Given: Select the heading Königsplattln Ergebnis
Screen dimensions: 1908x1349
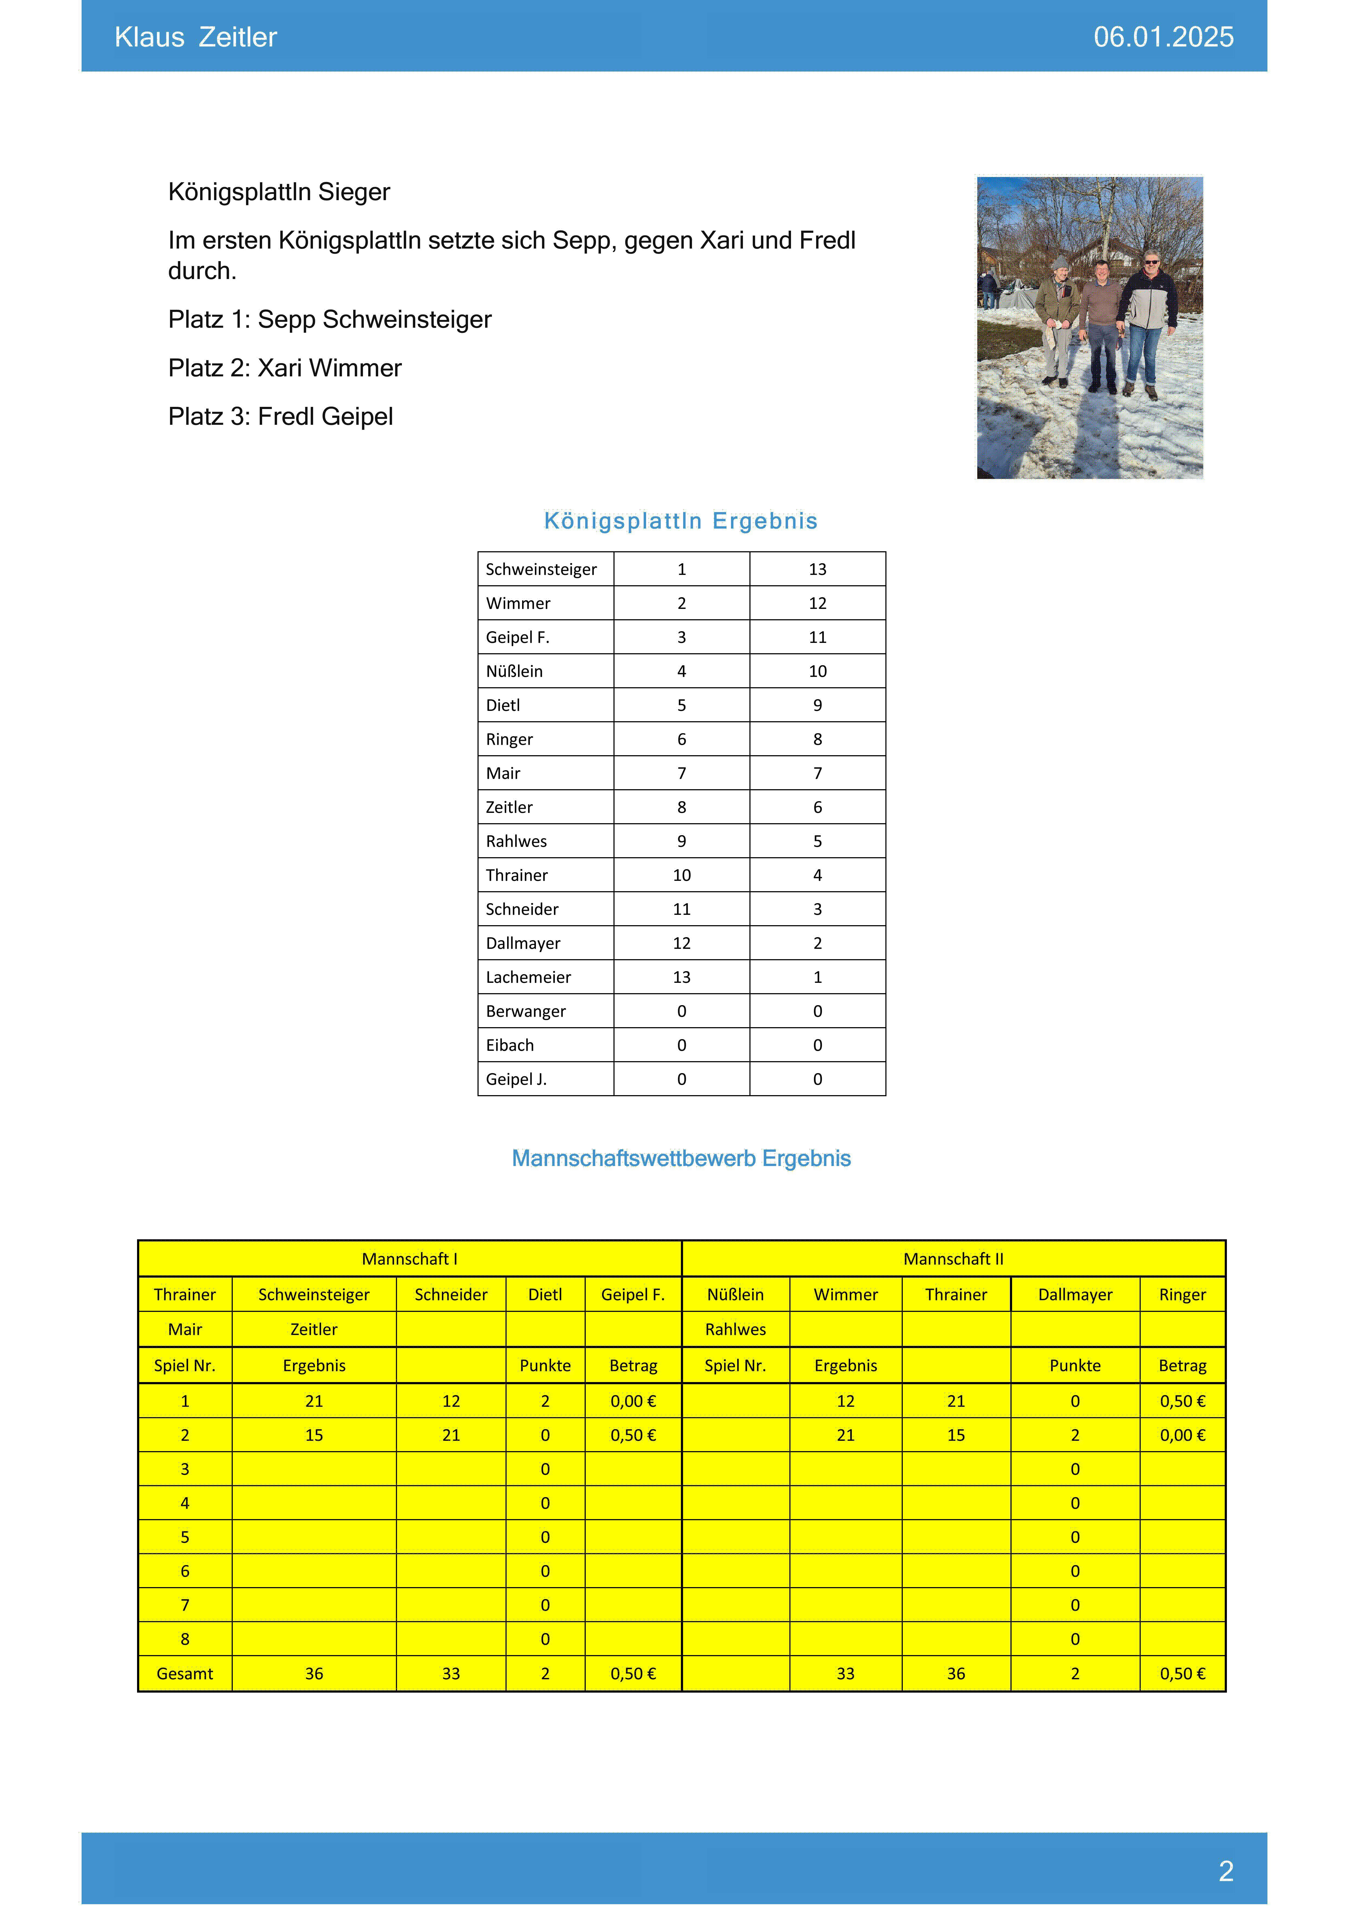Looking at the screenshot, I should click(681, 521).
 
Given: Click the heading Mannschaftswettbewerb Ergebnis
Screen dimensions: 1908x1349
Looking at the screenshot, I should click(681, 1159).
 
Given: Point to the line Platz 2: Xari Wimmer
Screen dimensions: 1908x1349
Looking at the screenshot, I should click(284, 368).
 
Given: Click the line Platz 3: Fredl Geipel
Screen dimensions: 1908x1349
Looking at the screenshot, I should click(280, 416).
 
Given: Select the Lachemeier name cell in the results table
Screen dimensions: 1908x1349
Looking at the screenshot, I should click(529, 977).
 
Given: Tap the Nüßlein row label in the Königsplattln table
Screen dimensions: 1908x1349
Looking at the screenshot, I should click(514, 671).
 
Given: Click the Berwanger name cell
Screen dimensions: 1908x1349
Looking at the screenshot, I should click(525, 1011).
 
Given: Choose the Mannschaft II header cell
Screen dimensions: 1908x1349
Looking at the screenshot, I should click(953, 1259).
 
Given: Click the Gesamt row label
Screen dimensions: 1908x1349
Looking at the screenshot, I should click(185, 1674).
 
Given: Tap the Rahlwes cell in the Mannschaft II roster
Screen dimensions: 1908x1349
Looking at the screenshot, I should click(735, 1330).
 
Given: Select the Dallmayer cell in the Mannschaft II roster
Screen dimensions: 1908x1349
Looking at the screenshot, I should click(1075, 1295).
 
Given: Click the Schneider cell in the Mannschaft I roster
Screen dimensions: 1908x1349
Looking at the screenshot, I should click(451, 1295).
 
